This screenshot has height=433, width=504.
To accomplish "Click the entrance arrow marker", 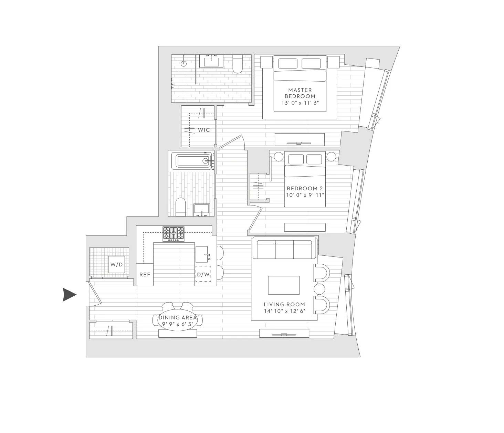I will click(x=69, y=295).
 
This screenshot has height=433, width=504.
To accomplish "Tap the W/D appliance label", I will click(x=116, y=265).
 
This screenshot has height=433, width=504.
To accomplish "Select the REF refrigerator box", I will click(x=145, y=275).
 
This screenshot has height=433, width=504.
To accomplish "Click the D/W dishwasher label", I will click(x=203, y=275).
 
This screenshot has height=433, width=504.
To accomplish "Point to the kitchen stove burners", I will click(x=174, y=234).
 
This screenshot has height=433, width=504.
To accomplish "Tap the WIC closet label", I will click(x=204, y=130).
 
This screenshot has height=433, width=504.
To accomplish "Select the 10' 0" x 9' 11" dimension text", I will click(x=305, y=195).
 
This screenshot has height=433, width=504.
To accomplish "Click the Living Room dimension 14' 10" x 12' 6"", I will click(x=284, y=311).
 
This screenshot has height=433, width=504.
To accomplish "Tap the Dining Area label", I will click(x=178, y=318).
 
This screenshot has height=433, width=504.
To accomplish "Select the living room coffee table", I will click(x=284, y=285).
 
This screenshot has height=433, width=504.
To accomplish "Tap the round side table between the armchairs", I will click(x=319, y=288).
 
